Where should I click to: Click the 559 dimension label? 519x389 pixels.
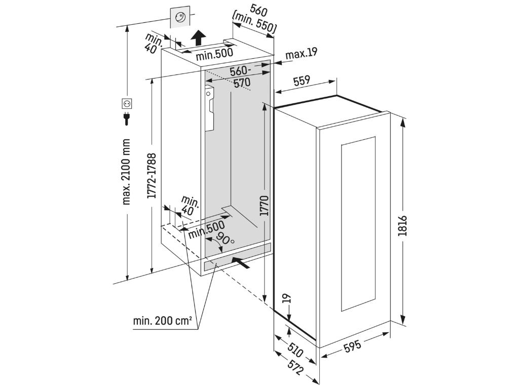(302, 81)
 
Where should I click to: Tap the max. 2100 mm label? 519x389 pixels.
(127, 172)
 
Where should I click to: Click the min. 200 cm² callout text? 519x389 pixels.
(162, 321)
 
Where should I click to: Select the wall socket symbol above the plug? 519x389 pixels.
(127, 104)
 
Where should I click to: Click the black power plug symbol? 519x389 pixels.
(127, 119)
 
